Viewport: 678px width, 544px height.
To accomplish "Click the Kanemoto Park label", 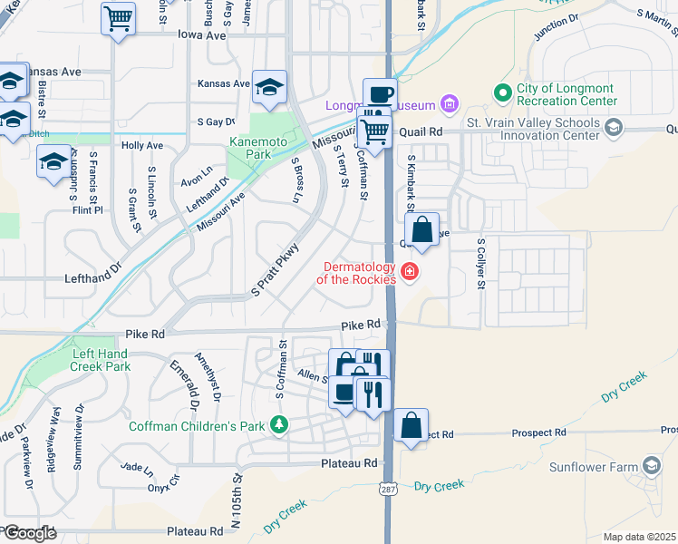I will pyautogui.click(x=252, y=149).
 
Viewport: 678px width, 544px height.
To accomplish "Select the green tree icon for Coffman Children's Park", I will pyautogui.click(x=280, y=423).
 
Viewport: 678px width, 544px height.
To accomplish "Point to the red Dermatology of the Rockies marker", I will pyautogui.click(x=410, y=271).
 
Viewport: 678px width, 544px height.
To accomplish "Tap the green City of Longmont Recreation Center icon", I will pyautogui.click(x=502, y=92).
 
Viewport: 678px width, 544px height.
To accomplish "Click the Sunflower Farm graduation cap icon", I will pyautogui.click(x=651, y=466).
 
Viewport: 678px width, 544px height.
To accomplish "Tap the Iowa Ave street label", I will pyautogui.click(x=202, y=35).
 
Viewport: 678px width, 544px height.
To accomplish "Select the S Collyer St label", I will pyautogui.click(x=482, y=265).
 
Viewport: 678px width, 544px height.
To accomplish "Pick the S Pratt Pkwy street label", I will pyautogui.click(x=275, y=269).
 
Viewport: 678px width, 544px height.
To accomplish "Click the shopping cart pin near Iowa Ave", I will pyautogui.click(x=118, y=18).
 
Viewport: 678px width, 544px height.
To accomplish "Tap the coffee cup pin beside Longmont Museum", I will pyautogui.click(x=380, y=93).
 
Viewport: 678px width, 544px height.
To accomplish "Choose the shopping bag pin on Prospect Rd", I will pyautogui.click(x=411, y=423).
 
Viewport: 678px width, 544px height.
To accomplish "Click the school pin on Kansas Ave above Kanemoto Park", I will pyautogui.click(x=269, y=87).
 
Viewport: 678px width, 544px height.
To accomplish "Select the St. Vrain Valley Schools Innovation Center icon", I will pyautogui.click(x=614, y=128).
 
